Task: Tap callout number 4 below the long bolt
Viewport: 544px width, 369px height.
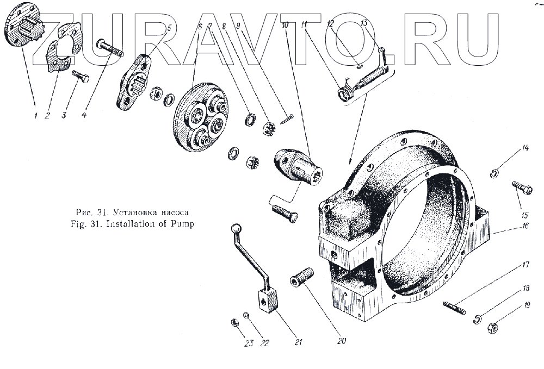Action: [x=84, y=115]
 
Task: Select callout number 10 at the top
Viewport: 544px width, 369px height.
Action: [x=285, y=25]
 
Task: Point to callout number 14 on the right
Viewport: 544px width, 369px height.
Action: [x=525, y=148]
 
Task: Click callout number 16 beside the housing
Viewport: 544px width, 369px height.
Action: [x=525, y=226]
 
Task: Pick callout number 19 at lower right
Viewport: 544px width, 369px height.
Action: [x=527, y=305]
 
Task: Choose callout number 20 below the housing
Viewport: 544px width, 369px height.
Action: [x=342, y=341]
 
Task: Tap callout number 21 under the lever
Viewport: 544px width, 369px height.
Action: [x=298, y=342]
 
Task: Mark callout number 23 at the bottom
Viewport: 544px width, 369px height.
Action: [x=249, y=343]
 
